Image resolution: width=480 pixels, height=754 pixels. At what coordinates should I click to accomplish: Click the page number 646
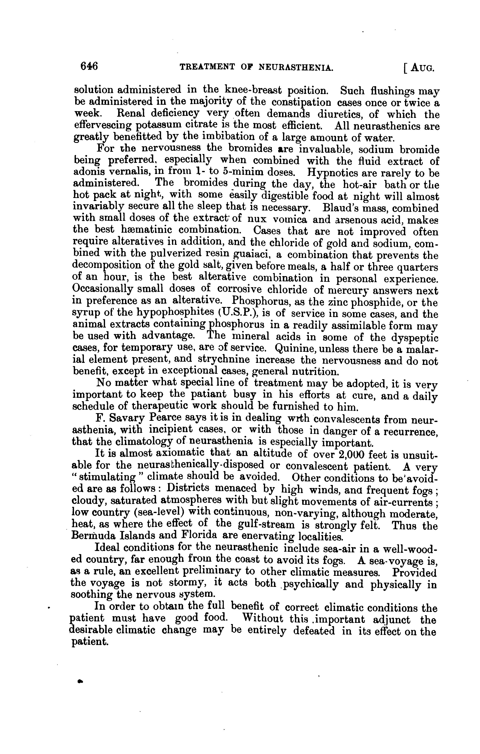click(89, 66)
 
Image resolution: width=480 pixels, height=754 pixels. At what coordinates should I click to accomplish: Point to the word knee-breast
click(249, 90)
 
